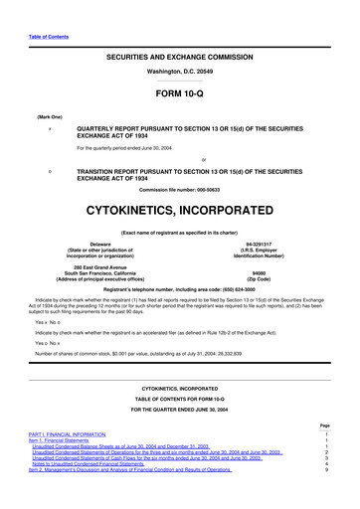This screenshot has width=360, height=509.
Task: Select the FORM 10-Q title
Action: point(181,95)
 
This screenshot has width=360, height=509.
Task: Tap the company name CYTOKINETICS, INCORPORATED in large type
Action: point(181,212)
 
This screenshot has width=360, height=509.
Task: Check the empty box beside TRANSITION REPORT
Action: point(49,170)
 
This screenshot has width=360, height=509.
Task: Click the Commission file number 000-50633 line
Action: point(181,189)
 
